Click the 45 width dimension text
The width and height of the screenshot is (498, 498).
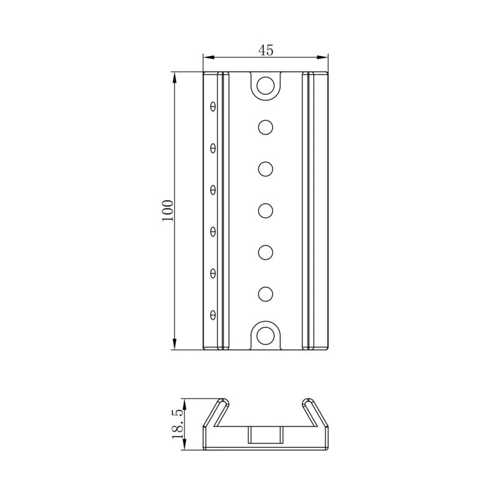pyautogui.click(x=266, y=51)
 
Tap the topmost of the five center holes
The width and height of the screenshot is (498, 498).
pyautogui.click(x=266, y=127)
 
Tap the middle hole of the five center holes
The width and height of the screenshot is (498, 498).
pyautogui.click(x=266, y=210)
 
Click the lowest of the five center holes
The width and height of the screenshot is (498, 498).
pyautogui.click(x=266, y=293)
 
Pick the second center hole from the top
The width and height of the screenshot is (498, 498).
pyautogui.click(x=266, y=169)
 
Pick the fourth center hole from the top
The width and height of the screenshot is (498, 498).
pyautogui.click(x=266, y=252)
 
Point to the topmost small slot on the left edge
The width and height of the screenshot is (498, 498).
pyautogui.click(x=213, y=106)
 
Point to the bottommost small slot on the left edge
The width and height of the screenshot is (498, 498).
pyautogui.click(x=213, y=314)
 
